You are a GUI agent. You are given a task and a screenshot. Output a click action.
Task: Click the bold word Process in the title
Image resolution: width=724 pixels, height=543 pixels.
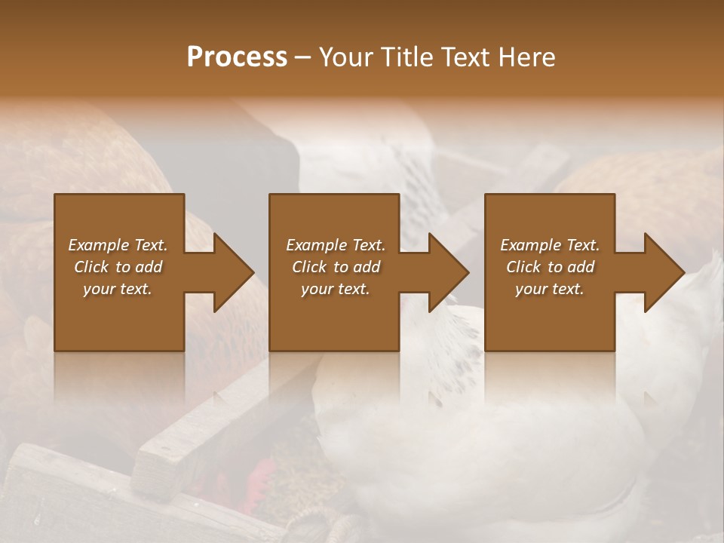(237, 57)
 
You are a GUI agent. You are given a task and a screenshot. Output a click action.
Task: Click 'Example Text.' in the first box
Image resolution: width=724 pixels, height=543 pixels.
(118, 245)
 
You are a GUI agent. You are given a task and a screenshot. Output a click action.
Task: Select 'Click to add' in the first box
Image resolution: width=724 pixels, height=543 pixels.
(118, 267)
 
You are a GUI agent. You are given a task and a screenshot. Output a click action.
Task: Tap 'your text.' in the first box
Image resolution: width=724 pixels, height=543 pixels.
(118, 289)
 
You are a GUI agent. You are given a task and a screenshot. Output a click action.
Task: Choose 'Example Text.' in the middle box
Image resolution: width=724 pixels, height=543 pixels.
(335, 245)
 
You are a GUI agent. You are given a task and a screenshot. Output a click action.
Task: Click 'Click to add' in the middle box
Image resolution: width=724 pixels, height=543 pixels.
(335, 267)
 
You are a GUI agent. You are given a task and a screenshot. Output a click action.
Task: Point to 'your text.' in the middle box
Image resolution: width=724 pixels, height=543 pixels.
(335, 289)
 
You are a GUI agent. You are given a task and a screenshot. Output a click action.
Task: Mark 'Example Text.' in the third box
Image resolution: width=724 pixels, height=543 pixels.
(550, 245)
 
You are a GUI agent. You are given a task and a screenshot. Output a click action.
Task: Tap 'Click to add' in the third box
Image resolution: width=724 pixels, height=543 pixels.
(550, 267)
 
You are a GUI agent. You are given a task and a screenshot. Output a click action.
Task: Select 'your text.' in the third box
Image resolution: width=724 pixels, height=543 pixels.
(550, 289)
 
